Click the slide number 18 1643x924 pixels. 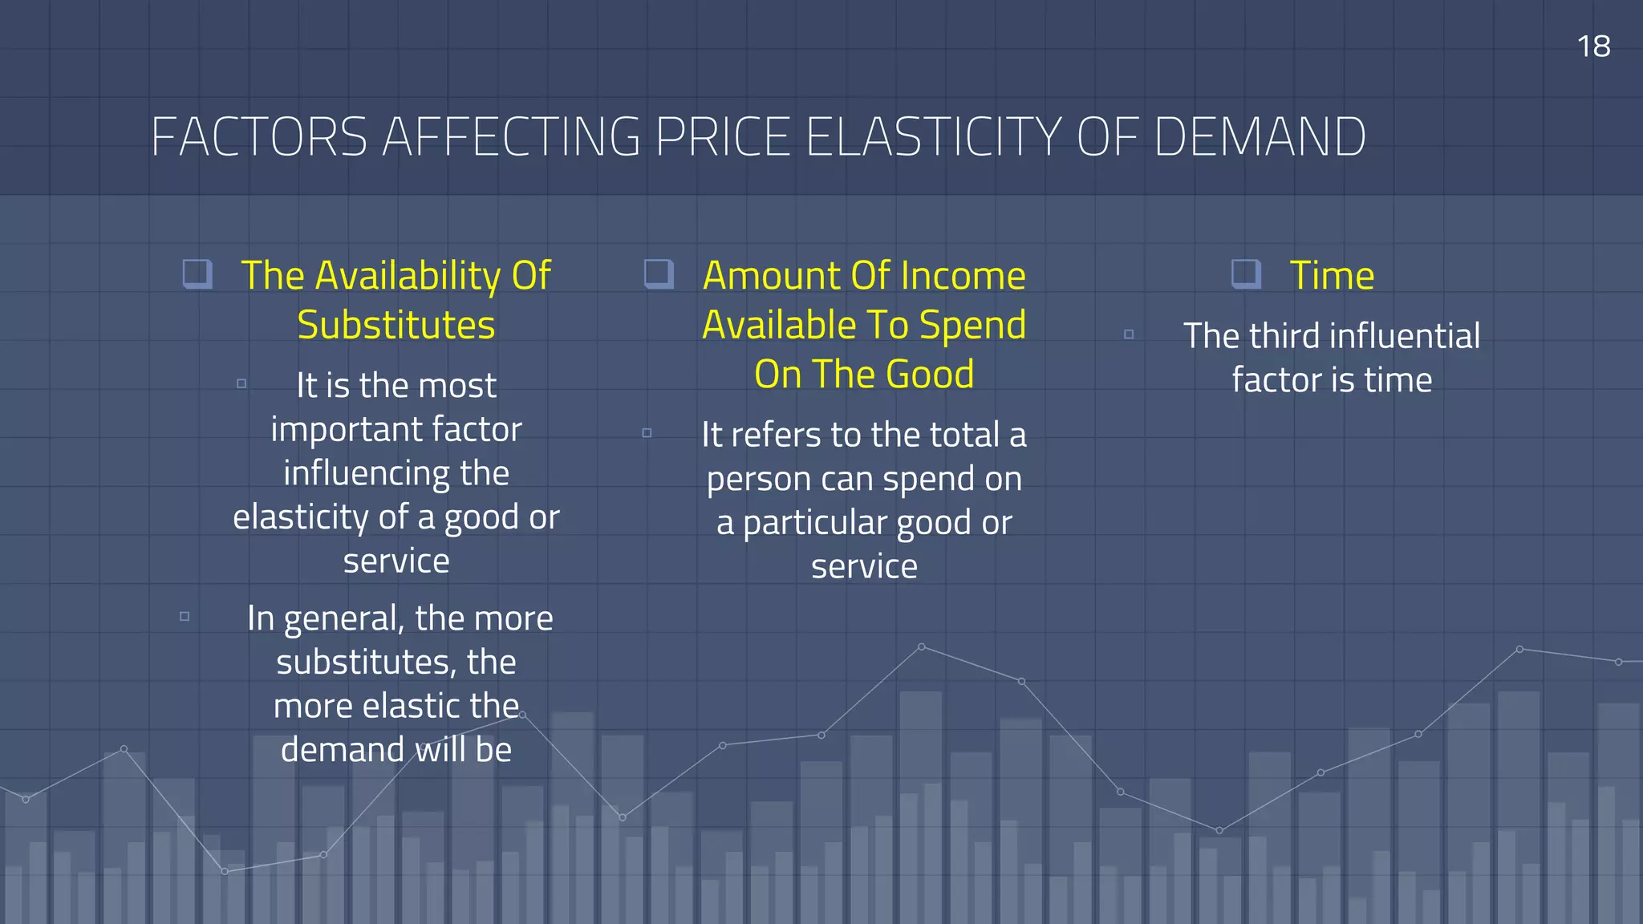(x=1593, y=47)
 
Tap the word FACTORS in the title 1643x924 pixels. (x=259, y=137)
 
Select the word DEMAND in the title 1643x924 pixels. (x=1260, y=137)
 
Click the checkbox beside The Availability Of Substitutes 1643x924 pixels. (x=197, y=274)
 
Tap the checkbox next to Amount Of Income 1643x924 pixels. (x=659, y=274)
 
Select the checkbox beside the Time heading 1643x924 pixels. (x=1246, y=274)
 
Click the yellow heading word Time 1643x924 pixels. (x=1332, y=276)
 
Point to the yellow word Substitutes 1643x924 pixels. (x=396, y=326)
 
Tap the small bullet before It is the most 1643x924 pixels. (x=241, y=383)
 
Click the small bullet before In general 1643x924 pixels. (x=185, y=616)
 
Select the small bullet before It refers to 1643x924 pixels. (x=647, y=433)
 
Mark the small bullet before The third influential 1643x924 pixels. (x=1129, y=334)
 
